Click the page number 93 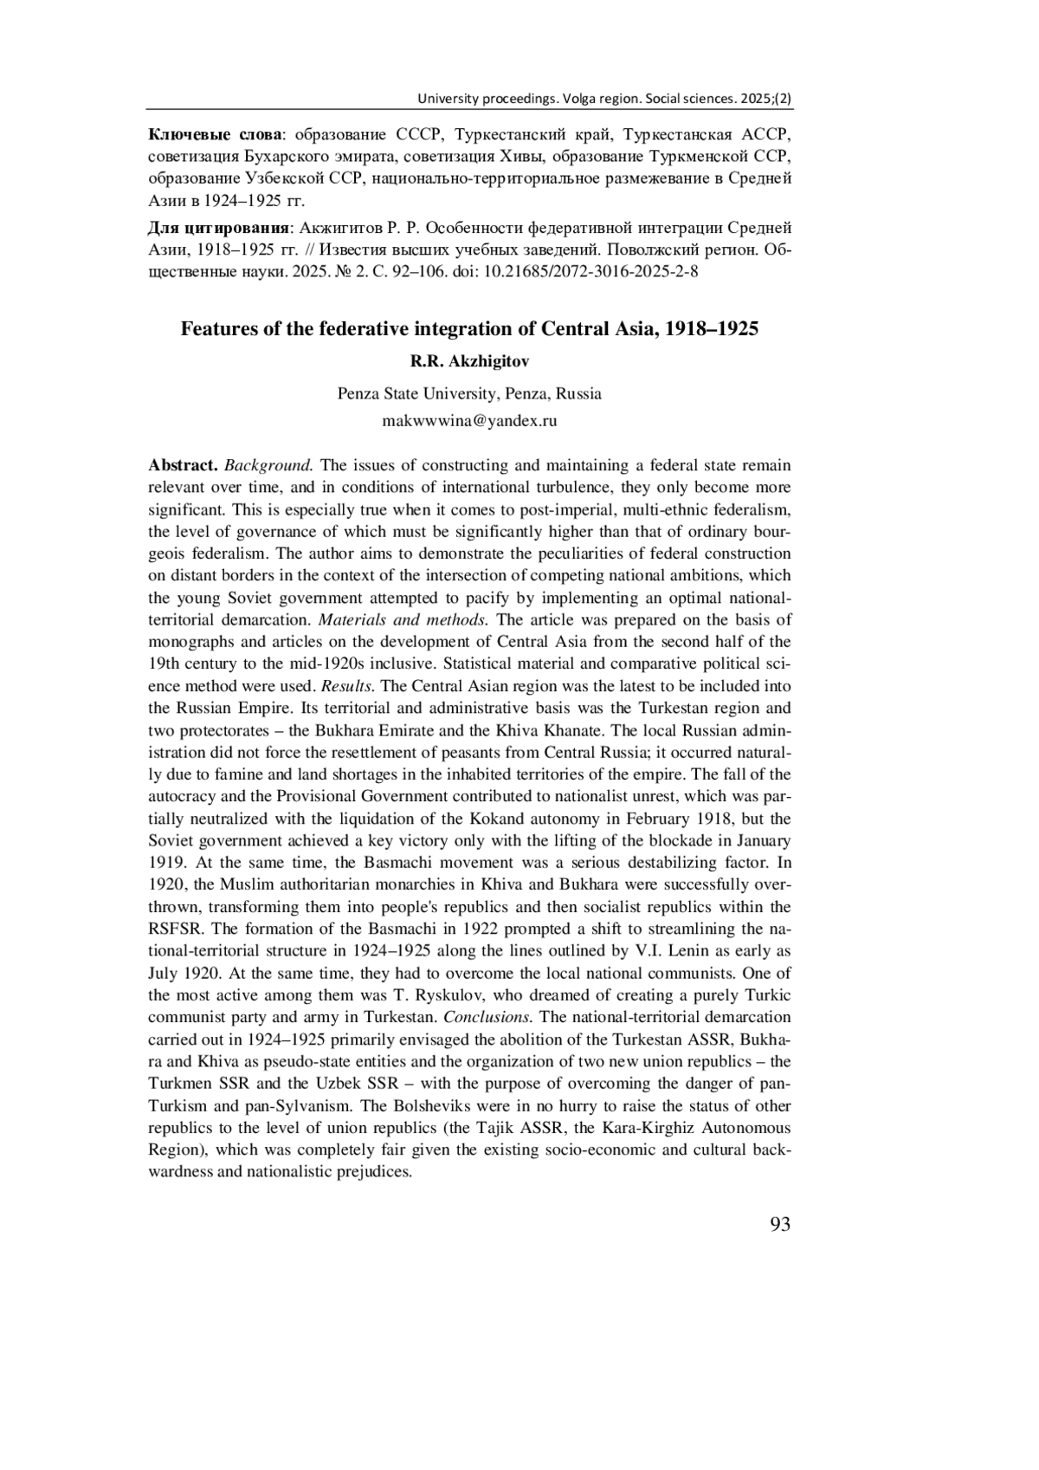(x=779, y=1224)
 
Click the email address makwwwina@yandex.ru (x=469, y=421)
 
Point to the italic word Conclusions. (x=487, y=1017)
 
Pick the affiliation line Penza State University (x=469, y=393)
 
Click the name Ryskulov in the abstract (x=487, y=994)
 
